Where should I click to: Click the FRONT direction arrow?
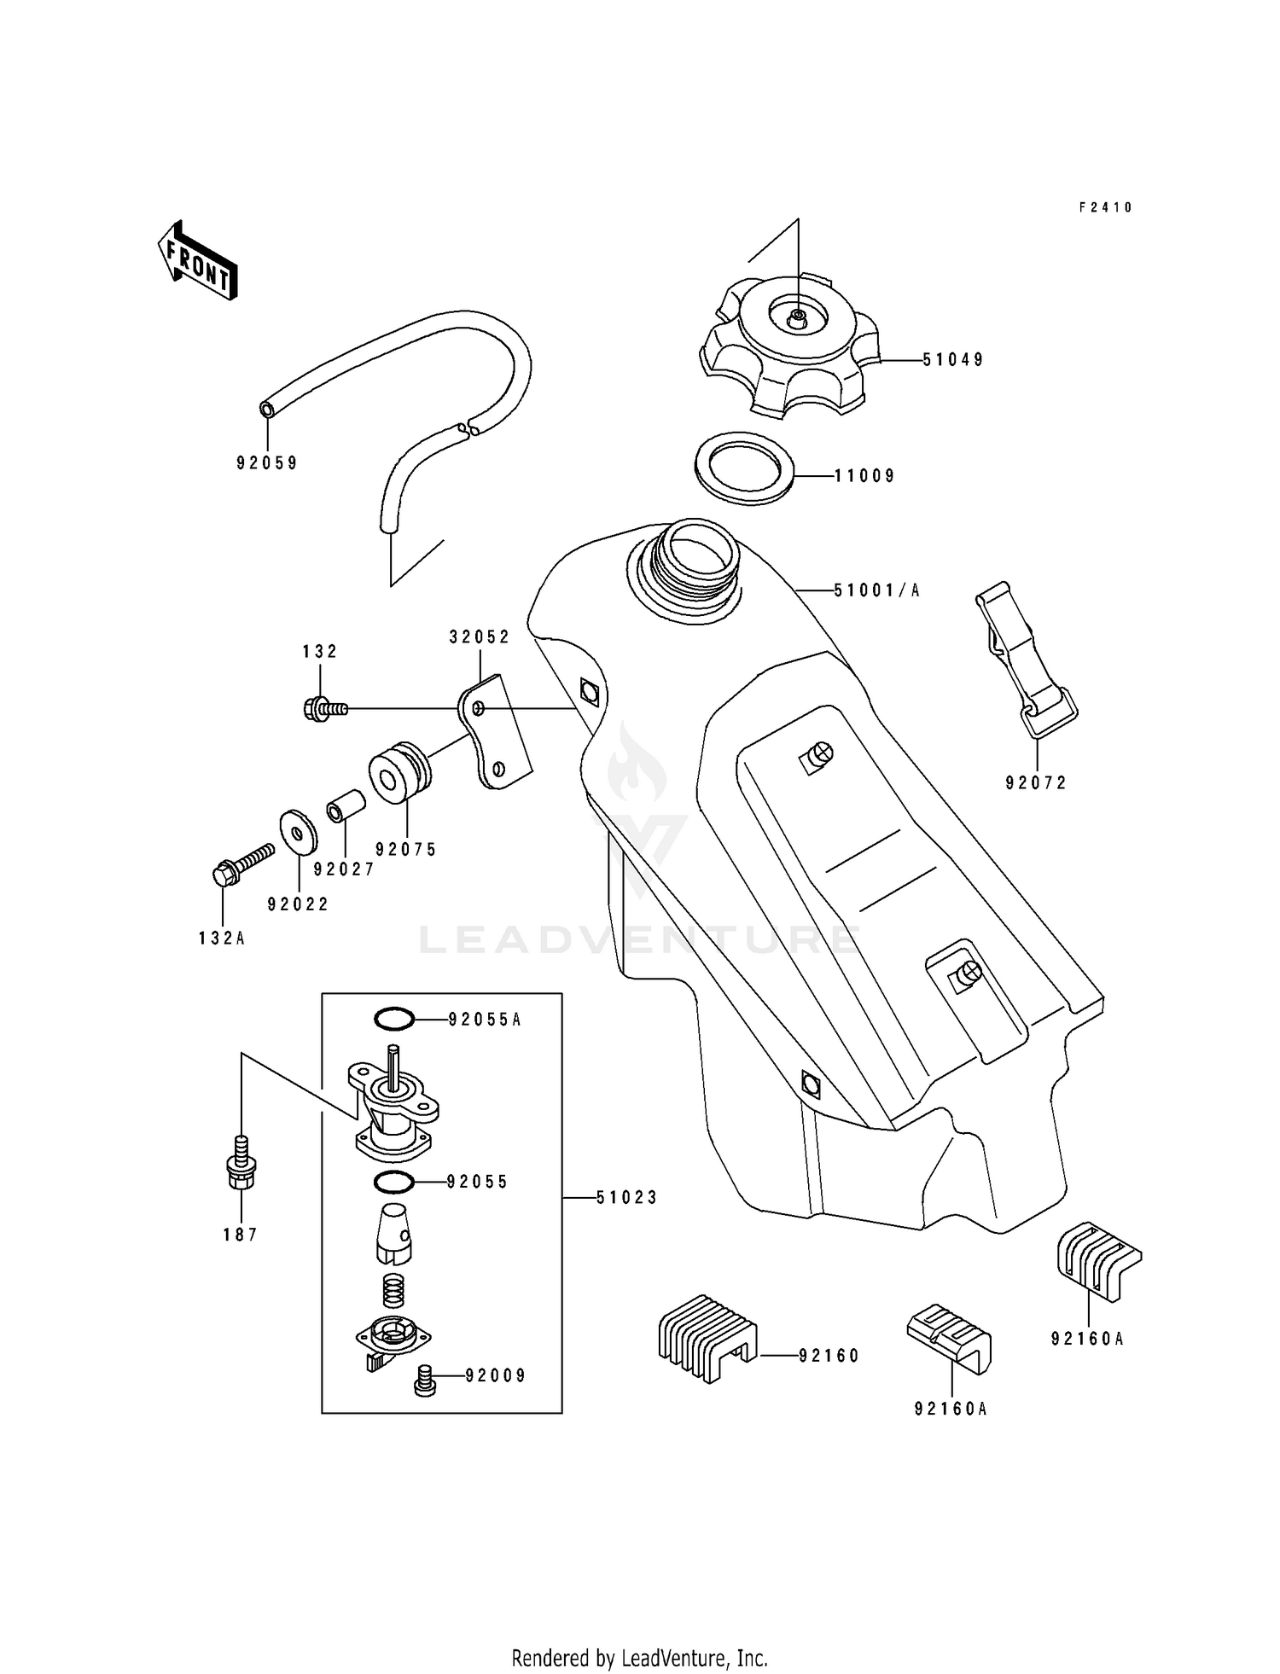pos(197,261)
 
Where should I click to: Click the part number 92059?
pos(267,463)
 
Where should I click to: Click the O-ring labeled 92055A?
pos(394,1019)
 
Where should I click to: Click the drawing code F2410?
pos(1105,207)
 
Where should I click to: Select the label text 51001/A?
pos(876,590)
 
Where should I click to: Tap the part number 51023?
pos(626,1198)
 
